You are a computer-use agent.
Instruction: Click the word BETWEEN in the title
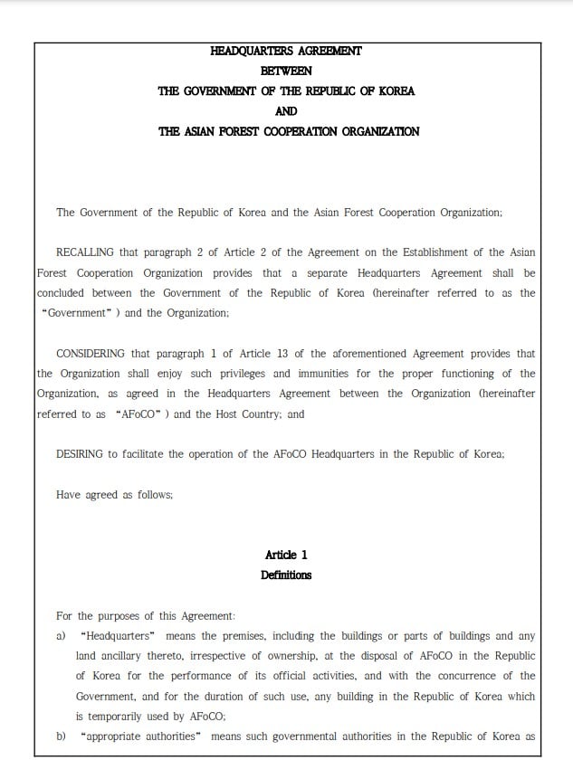point(286,71)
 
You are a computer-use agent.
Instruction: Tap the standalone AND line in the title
point(286,111)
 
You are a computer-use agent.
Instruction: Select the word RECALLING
point(84,252)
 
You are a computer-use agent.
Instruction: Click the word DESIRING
point(79,454)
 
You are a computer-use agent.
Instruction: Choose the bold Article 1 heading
point(286,555)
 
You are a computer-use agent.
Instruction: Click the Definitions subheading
point(286,575)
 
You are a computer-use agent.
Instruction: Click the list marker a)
point(62,636)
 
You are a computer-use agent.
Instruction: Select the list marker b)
point(62,736)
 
